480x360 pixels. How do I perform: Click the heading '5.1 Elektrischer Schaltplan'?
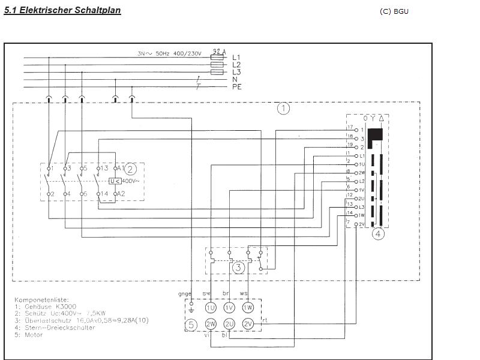(62, 11)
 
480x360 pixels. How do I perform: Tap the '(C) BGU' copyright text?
(394, 11)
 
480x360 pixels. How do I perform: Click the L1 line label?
(236, 58)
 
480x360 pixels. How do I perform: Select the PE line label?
(237, 87)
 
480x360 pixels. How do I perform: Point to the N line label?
(235, 80)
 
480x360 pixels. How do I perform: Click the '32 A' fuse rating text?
(219, 52)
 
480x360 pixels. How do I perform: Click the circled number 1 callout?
(283, 109)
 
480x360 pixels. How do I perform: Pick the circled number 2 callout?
(130, 169)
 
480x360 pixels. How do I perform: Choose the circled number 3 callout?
(238, 267)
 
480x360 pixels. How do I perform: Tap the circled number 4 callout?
(378, 234)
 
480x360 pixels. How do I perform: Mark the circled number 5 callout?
(191, 325)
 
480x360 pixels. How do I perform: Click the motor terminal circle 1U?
(211, 308)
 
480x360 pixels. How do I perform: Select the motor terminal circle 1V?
(229, 308)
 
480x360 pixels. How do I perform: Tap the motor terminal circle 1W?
(248, 308)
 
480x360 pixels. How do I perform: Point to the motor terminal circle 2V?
(248, 325)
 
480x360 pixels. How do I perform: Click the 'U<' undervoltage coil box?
(115, 181)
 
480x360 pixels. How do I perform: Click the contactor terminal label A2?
(120, 194)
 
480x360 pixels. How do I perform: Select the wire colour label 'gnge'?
(184, 293)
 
